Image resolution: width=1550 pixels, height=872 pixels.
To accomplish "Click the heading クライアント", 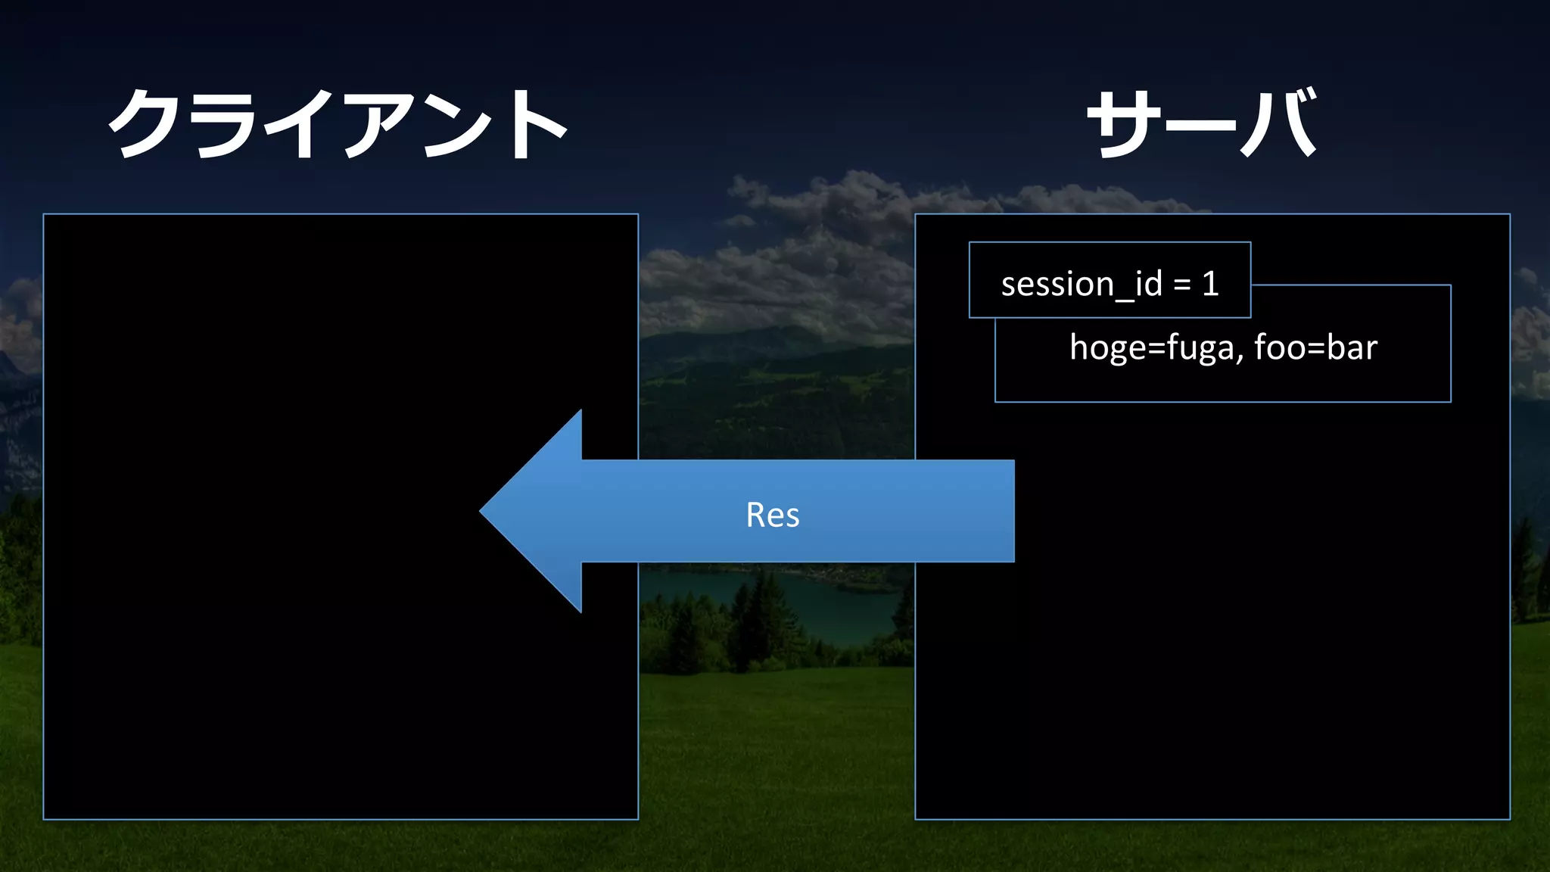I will tap(338, 123).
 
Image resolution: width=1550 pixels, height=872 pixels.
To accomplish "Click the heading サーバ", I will tap(1202, 123).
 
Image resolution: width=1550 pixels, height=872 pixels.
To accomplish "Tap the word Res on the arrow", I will tap(772, 515).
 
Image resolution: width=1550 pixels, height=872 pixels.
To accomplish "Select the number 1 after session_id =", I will tap(1210, 284).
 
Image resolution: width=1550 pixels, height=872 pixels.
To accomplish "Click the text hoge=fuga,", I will tap(1156, 347).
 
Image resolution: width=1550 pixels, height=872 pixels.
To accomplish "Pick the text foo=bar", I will tap(1315, 347).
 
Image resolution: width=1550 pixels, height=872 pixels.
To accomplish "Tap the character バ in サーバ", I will tap(1280, 123).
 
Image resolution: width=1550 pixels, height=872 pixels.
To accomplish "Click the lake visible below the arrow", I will tap(802, 598).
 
